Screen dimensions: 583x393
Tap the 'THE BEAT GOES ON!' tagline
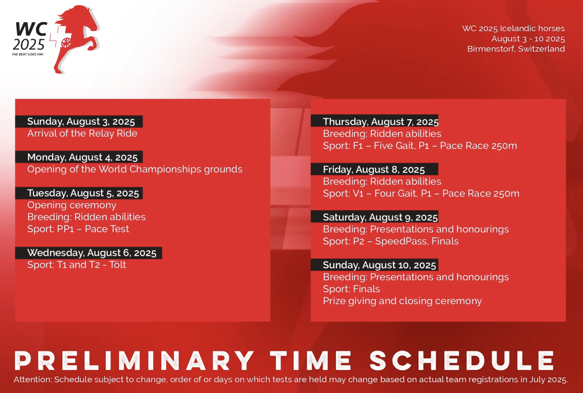(28, 54)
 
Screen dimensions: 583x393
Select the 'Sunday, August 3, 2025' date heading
(81, 121)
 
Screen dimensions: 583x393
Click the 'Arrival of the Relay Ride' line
(82, 133)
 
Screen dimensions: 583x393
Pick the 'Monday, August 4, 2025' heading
(82, 157)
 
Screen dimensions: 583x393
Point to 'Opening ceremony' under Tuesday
(72, 205)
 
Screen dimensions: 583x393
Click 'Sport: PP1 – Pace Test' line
(78, 229)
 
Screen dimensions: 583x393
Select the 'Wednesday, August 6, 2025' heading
(92, 253)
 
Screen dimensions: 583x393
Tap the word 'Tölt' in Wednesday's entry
(117, 265)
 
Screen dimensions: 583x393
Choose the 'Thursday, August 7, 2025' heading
(381, 122)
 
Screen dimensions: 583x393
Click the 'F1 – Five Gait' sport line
(420, 146)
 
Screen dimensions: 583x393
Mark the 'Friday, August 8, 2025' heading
(374, 170)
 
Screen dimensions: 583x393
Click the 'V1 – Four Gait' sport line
(421, 193)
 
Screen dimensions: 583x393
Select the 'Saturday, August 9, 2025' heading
(380, 217)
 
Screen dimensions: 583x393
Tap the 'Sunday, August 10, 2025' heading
(379, 265)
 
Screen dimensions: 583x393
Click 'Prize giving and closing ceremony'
(402, 301)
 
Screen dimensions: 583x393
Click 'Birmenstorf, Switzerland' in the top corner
(516, 49)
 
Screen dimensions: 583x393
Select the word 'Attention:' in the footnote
(33, 380)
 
